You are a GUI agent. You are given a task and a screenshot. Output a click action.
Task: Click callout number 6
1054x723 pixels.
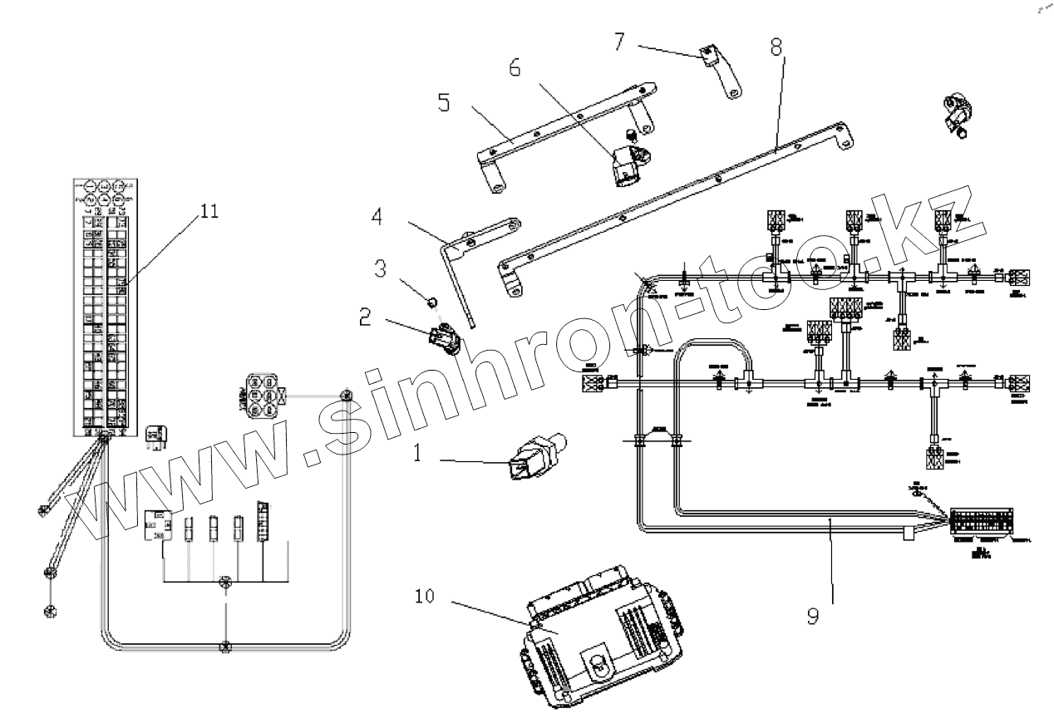515,69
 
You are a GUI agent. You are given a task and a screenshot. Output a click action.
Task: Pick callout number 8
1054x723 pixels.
776,47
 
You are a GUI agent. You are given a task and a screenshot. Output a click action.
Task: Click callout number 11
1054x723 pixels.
209,211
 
